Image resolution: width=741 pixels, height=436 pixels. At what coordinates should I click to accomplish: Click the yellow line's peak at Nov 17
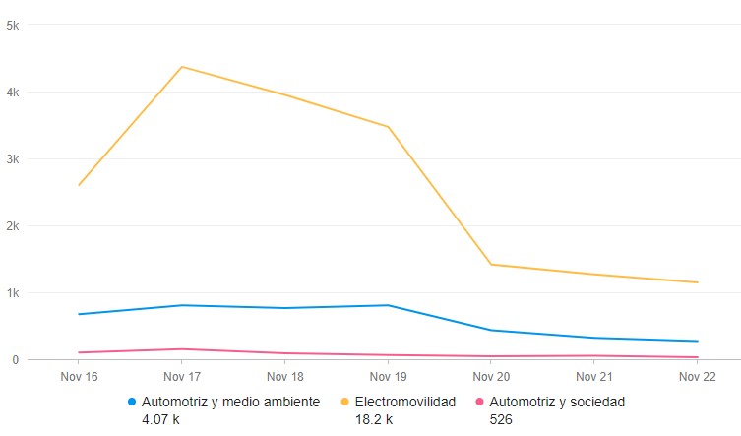pos(182,67)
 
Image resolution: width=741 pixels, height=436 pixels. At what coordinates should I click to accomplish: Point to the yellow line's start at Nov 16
pos(79,185)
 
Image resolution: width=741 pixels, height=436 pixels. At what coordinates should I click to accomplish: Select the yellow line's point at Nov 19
pos(388,126)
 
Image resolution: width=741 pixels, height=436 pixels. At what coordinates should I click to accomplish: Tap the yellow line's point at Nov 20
pos(491,264)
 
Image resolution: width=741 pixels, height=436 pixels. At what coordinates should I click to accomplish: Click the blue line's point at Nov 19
pos(388,305)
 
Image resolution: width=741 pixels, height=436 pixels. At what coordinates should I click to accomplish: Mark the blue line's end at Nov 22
pos(698,341)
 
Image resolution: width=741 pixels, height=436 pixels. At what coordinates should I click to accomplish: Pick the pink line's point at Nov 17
pos(182,348)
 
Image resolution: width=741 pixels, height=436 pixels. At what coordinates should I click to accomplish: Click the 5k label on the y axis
pos(13,25)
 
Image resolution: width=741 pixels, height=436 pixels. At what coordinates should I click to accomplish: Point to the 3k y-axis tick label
pos(13,158)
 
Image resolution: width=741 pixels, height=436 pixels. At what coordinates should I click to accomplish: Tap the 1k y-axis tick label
pos(13,292)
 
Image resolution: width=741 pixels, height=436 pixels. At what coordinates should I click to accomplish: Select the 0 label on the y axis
pos(16,359)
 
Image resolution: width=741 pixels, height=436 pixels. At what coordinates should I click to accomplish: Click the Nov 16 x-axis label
pos(79,376)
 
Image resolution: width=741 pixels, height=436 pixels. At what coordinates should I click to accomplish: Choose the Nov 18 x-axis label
pos(285,376)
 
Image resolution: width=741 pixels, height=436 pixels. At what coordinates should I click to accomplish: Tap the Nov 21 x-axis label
pos(594,376)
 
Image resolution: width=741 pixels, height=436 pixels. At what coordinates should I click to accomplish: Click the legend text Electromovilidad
pos(405,402)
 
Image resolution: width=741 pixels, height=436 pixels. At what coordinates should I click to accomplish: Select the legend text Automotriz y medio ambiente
pos(231,402)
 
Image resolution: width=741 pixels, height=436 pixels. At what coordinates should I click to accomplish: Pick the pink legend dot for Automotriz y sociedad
pos(480,402)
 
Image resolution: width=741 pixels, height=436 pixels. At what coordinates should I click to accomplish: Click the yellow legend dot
pos(345,402)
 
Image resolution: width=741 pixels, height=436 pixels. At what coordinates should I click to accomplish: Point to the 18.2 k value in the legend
pos(374,419)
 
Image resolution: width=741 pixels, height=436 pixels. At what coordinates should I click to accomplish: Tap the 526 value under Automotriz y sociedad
pos(501,419)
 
